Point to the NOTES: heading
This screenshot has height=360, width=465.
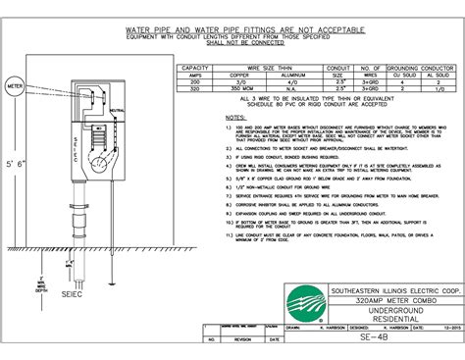click(x=234, y=115)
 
